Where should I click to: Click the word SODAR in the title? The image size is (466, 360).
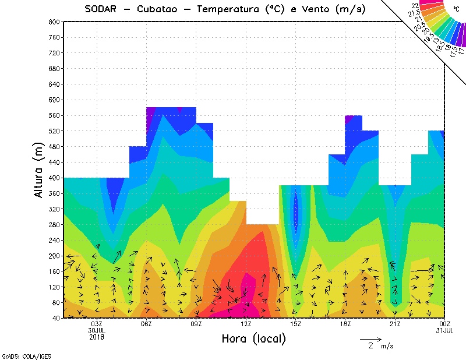[x=103, y=9]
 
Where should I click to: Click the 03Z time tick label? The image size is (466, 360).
[x=97, y=324]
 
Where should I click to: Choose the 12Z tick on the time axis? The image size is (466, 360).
[x=246, y=324]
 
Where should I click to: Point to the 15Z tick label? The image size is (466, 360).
[x=296, y=324]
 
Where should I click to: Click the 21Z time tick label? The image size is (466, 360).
[x=395, y=324]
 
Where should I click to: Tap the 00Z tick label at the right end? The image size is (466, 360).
[x=444, y=324]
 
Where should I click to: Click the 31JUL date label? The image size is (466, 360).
[x=444, y=331]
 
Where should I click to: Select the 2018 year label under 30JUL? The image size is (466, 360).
[x=97, y=337]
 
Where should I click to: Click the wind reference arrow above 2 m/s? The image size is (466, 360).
[x=370, y=338]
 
